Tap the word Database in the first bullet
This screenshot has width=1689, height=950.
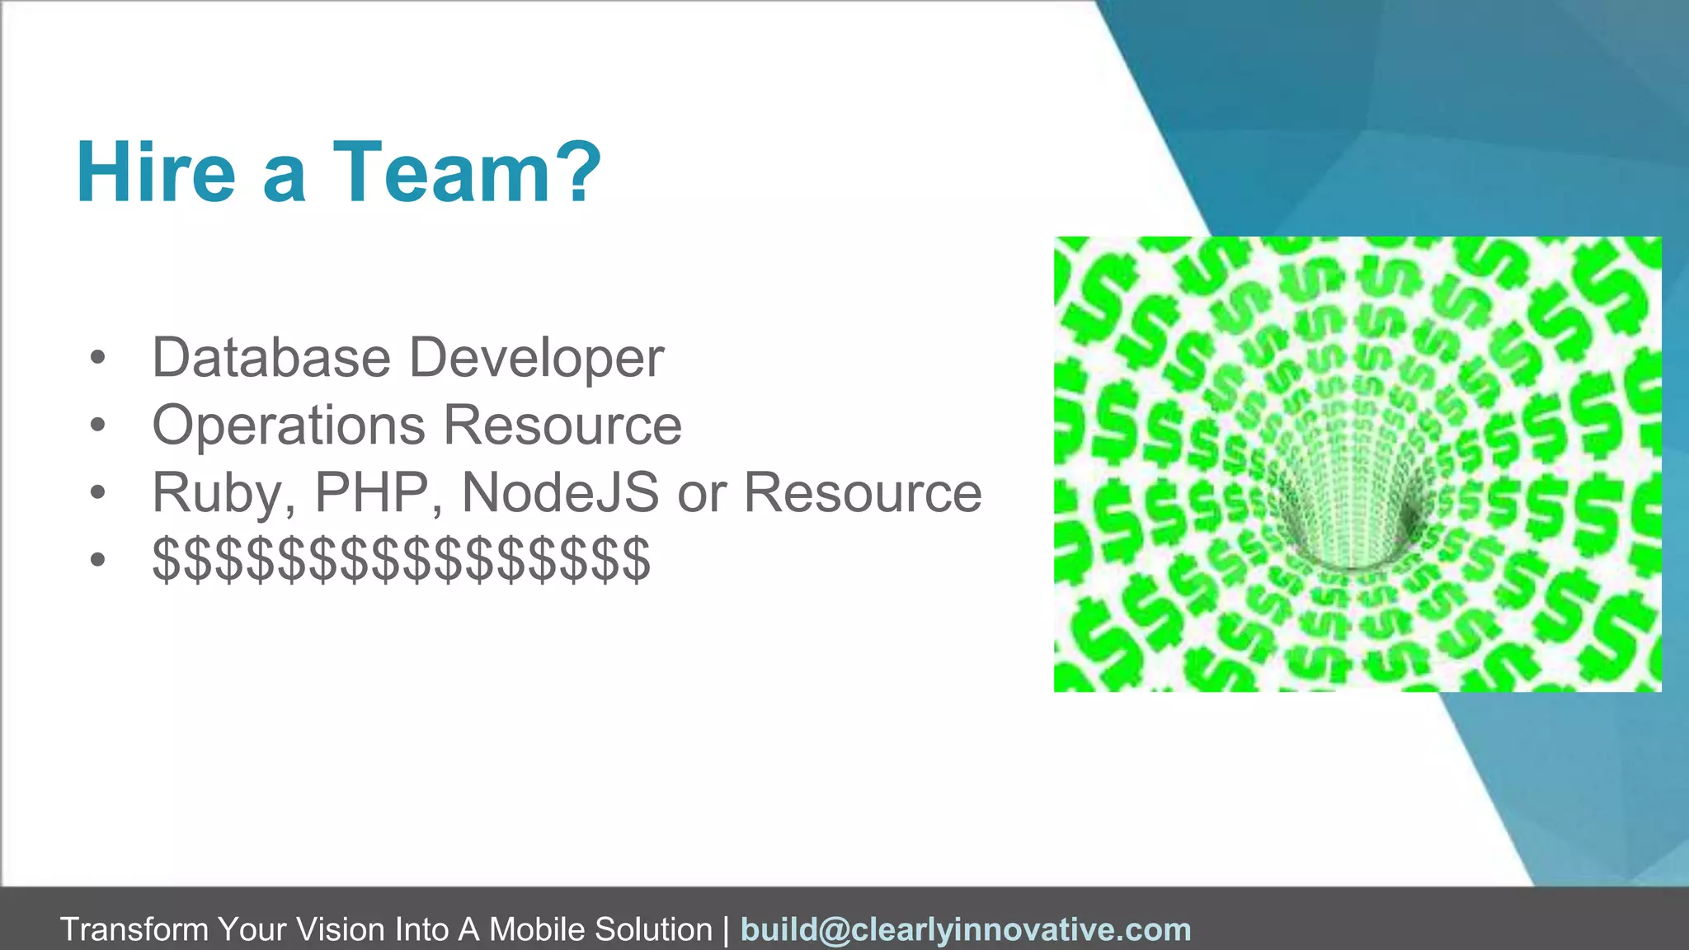click(271, 358)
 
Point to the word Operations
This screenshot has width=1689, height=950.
click(289, 426)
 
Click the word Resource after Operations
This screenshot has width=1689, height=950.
click(562, 426)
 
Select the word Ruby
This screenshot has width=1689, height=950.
click(223, 493)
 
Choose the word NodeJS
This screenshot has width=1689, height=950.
click(560, 493)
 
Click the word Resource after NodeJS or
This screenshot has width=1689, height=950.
click(863, 493)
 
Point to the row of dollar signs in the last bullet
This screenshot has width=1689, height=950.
click(402, 560)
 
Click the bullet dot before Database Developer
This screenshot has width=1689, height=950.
click(98, 358)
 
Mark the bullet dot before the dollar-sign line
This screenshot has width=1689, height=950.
click(98, 561)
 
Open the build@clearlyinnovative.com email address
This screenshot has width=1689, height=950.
click(966, 929)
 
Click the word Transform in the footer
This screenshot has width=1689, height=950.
click(134, 929)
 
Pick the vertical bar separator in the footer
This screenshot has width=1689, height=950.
click(726, 929)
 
